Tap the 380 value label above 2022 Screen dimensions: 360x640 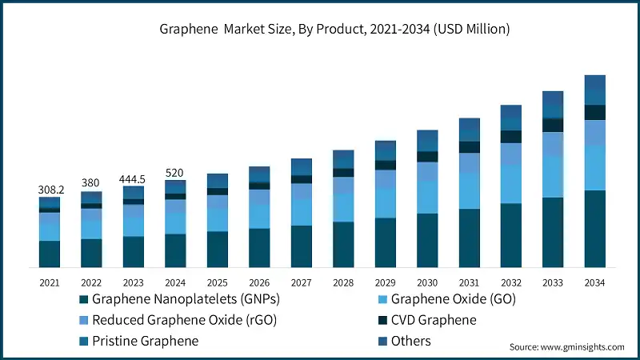[91, 183]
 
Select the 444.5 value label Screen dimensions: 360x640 [133, 178]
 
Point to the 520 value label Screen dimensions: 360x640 [175, 172]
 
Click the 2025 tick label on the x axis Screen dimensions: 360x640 [217, 282]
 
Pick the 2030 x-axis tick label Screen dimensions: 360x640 [427, 282]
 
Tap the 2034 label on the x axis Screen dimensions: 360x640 [594, 282]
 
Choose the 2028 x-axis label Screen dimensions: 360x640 [342, 282]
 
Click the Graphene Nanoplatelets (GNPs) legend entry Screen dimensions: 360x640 [182, 300]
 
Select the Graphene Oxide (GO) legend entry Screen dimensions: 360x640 [453, 300]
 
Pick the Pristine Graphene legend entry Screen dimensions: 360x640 [145, 341]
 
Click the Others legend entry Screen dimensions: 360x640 [410, 341]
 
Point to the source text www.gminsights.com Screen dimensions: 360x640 [567, 347]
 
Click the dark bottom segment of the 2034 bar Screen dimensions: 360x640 [594, 229]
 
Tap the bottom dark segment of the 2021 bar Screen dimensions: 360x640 [50, 254]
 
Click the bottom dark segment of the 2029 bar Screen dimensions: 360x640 [385, 242]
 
